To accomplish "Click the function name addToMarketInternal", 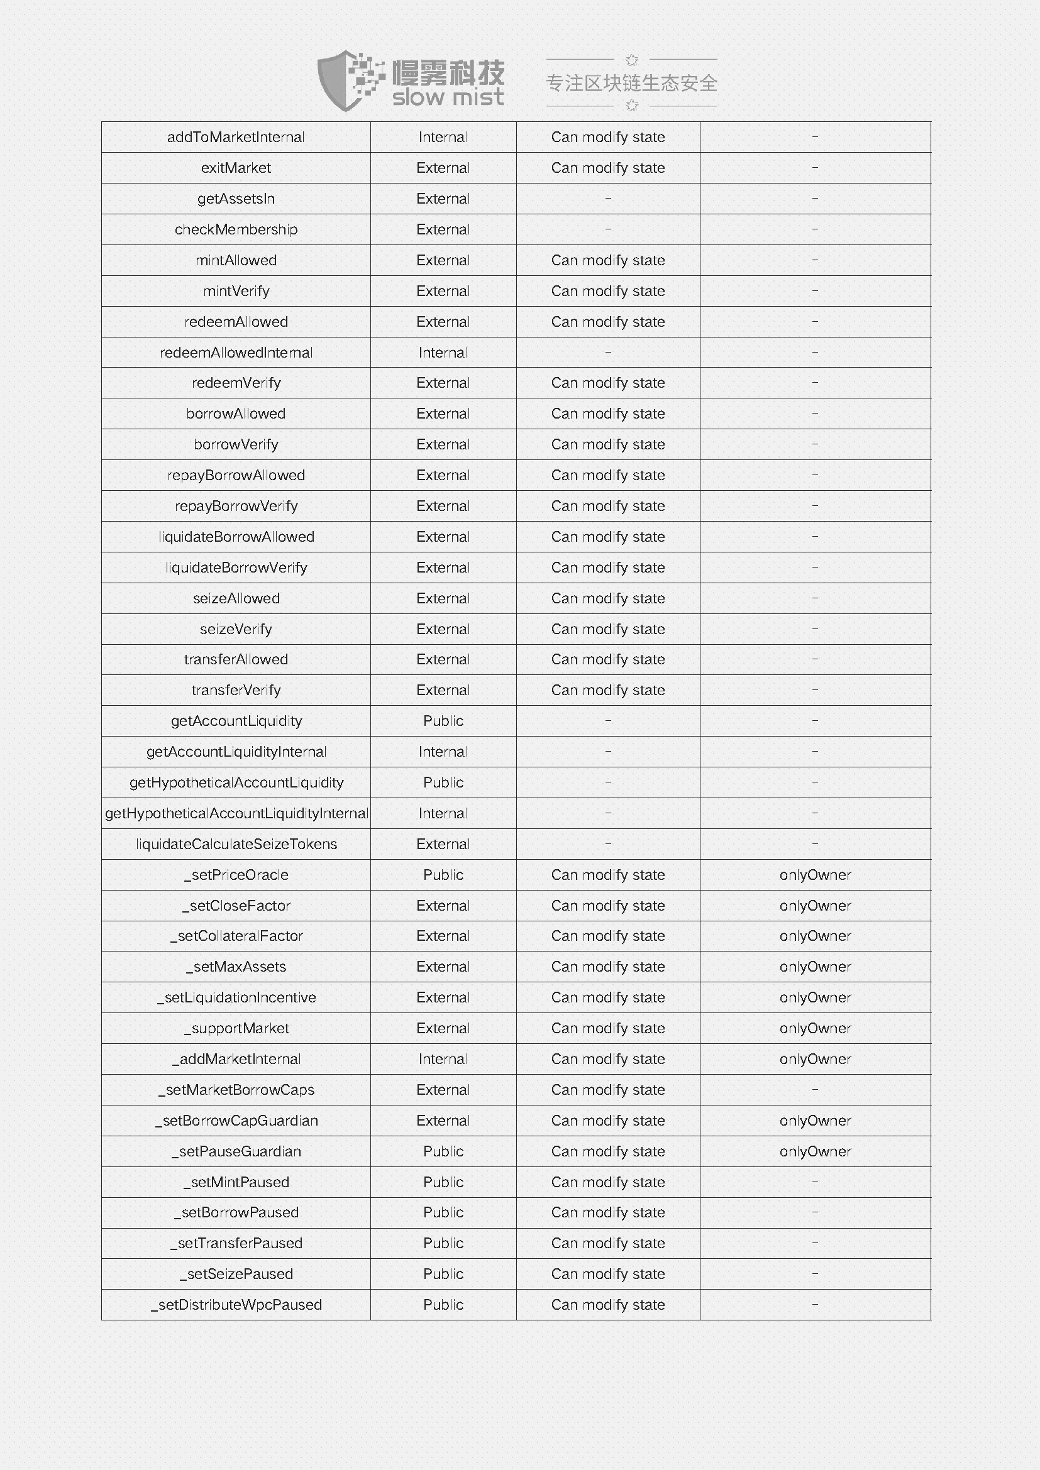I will tap(236, 137).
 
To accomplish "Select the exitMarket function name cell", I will tap(236, 168).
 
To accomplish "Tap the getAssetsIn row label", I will tap(236, 199).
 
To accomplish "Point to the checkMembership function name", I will tap(236, 229).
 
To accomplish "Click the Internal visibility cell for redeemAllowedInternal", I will tap(443, 352).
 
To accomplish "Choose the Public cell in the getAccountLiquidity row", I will tap(443, 721).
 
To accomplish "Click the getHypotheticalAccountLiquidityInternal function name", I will tap(236, 813).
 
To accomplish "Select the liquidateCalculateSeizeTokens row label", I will tap(236, 844).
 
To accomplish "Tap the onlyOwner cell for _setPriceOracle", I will tap(814, 875).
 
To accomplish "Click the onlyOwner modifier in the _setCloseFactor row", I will tap(814, 905).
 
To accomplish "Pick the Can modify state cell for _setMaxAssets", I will tap(608, 967).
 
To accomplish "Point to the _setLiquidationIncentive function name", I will tap(236, 997).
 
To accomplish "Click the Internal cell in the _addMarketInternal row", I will tap(443, 1059).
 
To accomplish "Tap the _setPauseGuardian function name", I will tap(236, 1151).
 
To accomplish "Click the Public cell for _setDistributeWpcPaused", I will tap(443, 1305).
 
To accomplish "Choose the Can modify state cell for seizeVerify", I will tap(608, 628).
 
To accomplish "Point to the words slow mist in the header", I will tap(448, 97).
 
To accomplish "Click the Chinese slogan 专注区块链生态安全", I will tap(631, 83).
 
